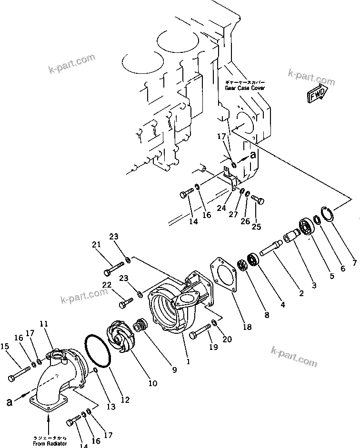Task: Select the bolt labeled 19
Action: [x=200, y=332]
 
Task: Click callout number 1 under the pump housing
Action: [x=188, y=361]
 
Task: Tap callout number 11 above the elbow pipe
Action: [x=43, y=324]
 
